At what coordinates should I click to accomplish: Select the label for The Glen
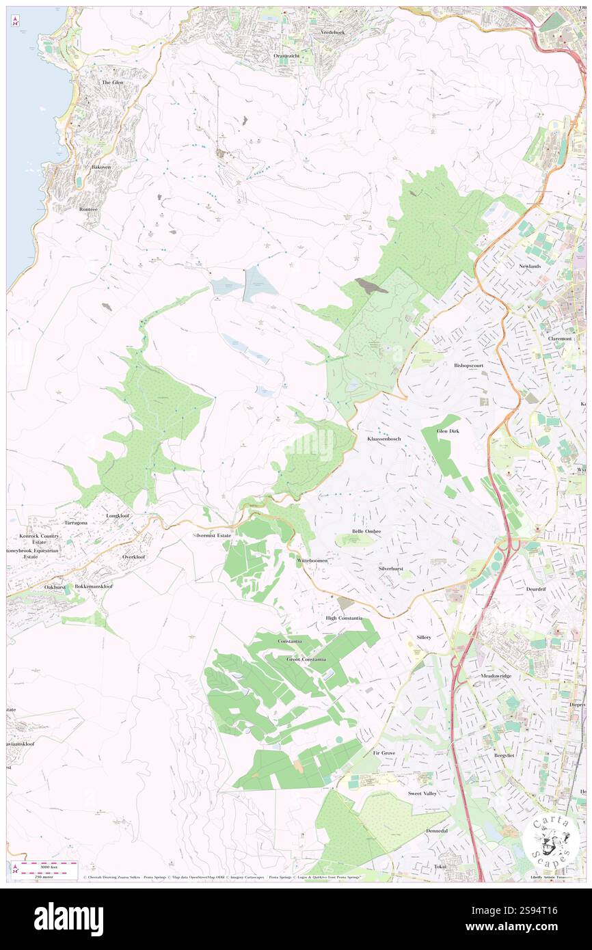113,82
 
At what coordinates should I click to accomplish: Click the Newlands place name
529,266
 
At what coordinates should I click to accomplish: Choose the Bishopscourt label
469,365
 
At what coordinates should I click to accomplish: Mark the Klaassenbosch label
384,438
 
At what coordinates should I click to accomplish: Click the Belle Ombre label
366,531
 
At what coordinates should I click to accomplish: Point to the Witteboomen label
312,560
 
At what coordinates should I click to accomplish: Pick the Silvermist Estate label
212,535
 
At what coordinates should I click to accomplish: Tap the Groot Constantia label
306,659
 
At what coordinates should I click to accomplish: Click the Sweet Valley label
422,793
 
